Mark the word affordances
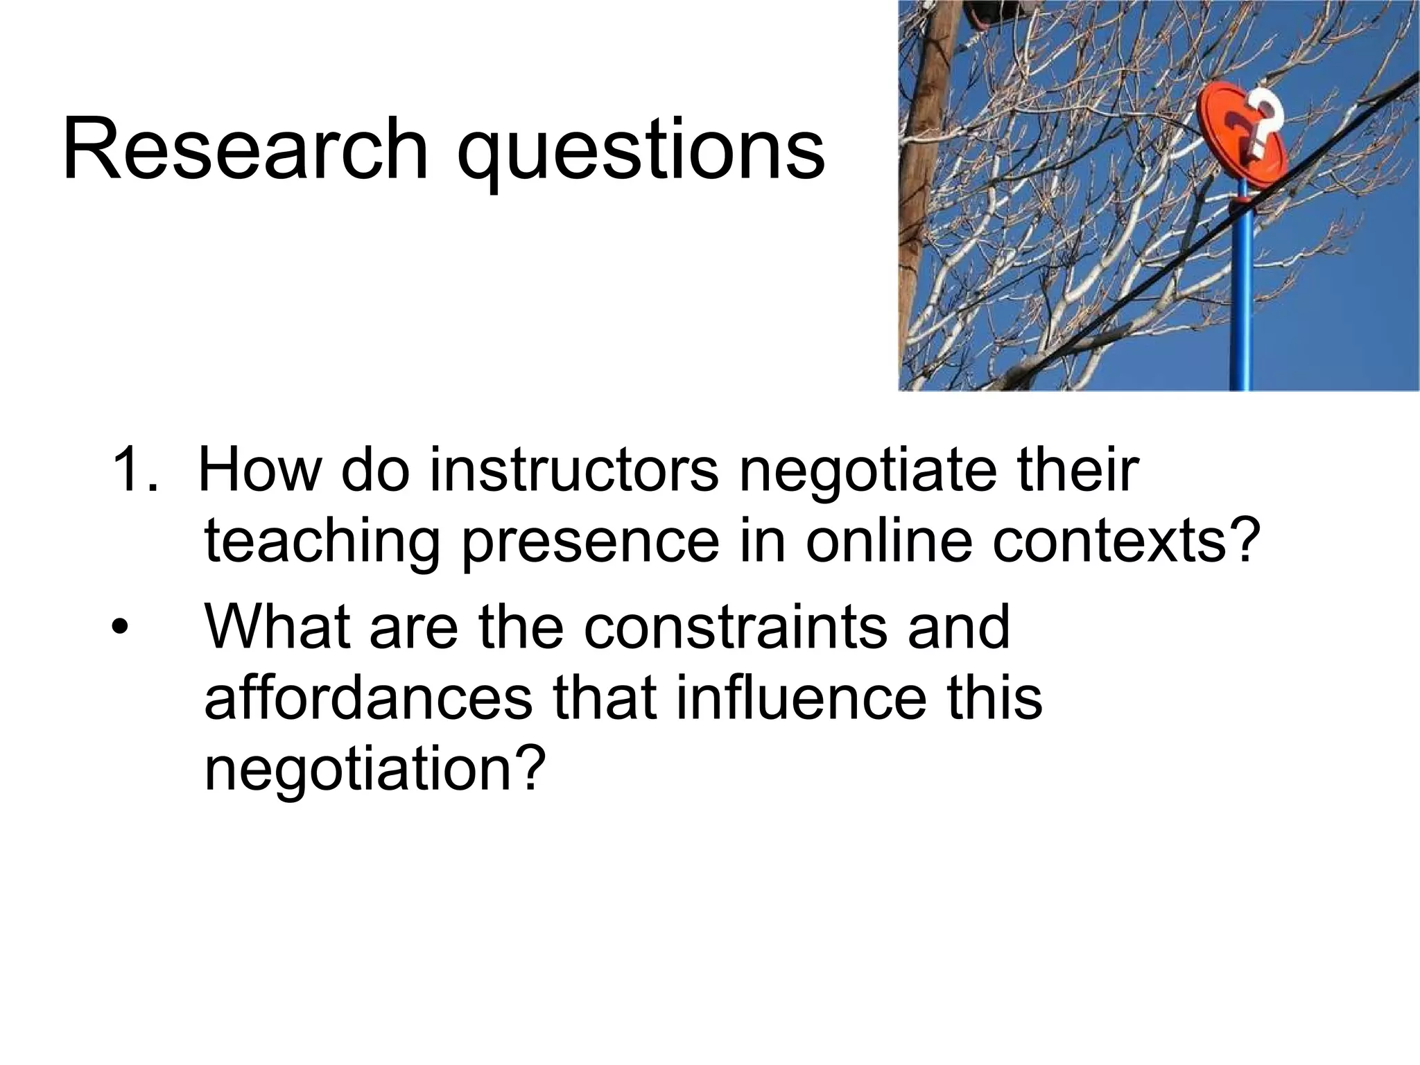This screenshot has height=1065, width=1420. [x=367, y=699]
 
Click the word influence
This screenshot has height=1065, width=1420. [x=800, y=699]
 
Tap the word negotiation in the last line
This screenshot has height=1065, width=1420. [x=370, y=772]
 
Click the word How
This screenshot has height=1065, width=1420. [x=260, y=471]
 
